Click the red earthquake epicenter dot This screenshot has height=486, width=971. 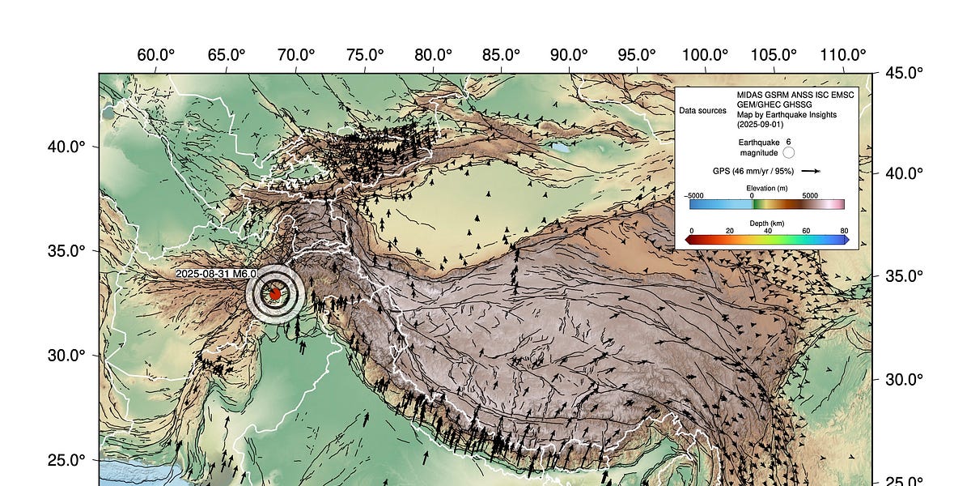point(275,294)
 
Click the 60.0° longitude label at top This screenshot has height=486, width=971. point(156,55)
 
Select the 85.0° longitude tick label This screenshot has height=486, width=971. point(501,55)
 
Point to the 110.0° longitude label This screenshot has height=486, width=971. point(844,55)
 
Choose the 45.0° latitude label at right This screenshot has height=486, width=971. point(904,73)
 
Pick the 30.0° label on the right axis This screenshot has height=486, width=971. point(904,379)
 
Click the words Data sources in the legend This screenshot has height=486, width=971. point(702,110)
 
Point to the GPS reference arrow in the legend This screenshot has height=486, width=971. point(812,171)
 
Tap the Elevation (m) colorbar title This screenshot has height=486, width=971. point(766,188)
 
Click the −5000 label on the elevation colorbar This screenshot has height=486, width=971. point(694,195)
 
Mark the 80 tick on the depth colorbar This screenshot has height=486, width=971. point(844,231)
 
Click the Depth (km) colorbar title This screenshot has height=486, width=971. point(766,223)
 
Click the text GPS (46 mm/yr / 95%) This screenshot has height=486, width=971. point(753,171)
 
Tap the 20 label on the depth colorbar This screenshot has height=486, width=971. point(729,231)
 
